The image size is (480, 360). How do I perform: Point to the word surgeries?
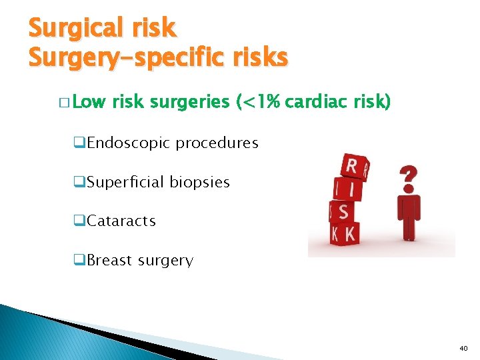pyautogui.click(x=189, y=103)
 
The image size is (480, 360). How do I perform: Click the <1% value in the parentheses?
pyautogui.click(x=259, y=103)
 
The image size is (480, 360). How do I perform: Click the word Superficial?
pyautogui.click(x=125, y=182)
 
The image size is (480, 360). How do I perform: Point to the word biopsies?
pyautogui.click(x=199, y=182)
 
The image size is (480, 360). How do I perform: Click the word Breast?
pyautogui.click(x=109, y=261)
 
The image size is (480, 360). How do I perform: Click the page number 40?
pyautogui.click(x=464, y=348)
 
